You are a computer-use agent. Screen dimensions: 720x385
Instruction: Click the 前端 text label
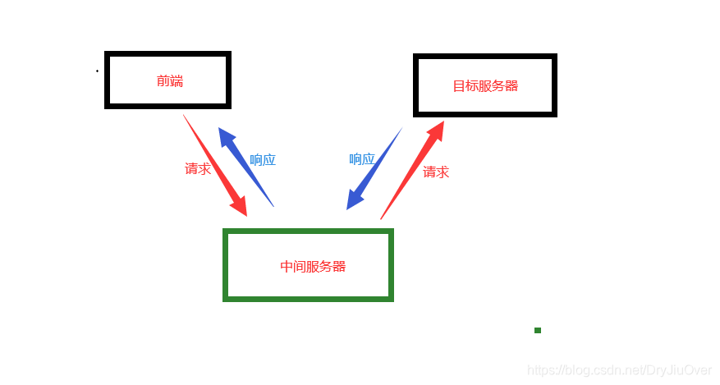(x=170, y=81)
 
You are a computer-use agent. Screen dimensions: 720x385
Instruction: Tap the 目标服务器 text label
(x=485, y=85)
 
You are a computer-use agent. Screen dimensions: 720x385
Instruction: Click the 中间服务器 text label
(x=313, y=267)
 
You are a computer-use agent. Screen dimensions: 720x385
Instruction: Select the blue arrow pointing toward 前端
(x=245, y=167)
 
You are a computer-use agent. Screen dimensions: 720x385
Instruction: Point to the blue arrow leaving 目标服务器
(x=374, y=168)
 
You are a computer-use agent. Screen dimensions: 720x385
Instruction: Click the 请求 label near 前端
(x=198, y=169)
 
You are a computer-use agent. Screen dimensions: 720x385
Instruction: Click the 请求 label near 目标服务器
(x=436, y=172)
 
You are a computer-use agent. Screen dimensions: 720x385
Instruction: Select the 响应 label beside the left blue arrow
(x=263, y=160)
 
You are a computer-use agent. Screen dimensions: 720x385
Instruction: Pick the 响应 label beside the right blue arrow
(x=362, y=159)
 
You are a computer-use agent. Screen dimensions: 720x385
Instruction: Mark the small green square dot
(x=538, y=331)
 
